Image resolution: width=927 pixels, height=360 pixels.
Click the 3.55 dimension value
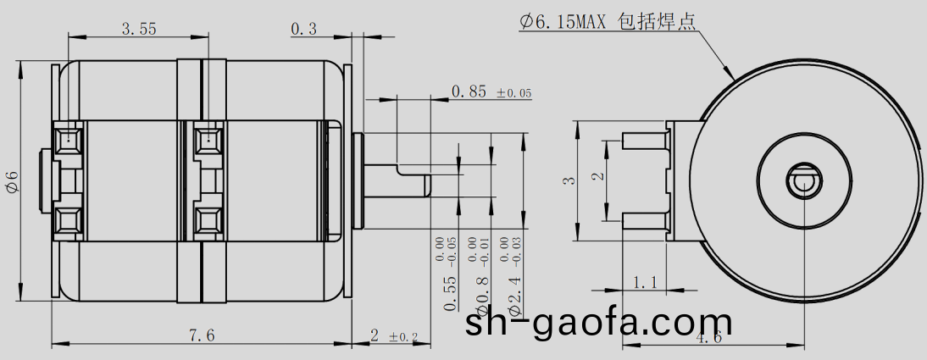click(139, 29)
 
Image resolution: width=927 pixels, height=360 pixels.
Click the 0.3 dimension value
click(303, 29)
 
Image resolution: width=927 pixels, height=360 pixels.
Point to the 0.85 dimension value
click(469, 91)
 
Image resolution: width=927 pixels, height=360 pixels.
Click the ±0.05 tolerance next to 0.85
click(513, 92)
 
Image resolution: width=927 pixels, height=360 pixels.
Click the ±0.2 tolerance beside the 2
click(403, 337)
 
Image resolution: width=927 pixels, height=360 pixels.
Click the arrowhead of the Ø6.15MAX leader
click(731, 76)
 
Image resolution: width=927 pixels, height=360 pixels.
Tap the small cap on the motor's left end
click(45, 179)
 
